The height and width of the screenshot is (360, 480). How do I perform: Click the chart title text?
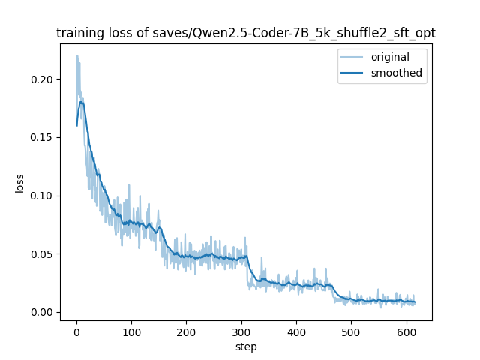246,33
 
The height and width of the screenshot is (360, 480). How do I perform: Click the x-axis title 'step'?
246,346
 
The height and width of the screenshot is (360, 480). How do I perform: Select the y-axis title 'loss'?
20,183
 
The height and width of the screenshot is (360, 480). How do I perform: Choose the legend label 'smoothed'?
397,73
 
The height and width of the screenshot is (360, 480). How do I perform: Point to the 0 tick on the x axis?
76,331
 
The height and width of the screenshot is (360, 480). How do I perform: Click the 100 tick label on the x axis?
131,331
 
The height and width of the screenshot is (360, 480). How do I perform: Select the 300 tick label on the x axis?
241,331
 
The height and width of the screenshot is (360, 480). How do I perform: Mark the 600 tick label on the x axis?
406,331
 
